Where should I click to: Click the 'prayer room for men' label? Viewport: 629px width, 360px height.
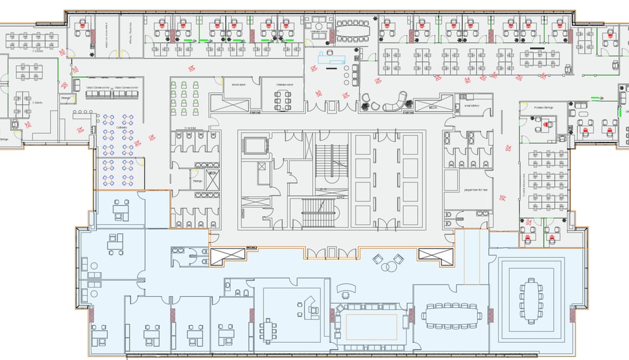point(475,190)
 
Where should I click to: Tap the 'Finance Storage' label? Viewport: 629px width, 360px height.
point(542,108)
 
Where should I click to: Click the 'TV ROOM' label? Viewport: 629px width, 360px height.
point(181,130)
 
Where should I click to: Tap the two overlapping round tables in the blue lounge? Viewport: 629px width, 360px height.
point(390,266)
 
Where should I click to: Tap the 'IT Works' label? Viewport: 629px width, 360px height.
point(37,103)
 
